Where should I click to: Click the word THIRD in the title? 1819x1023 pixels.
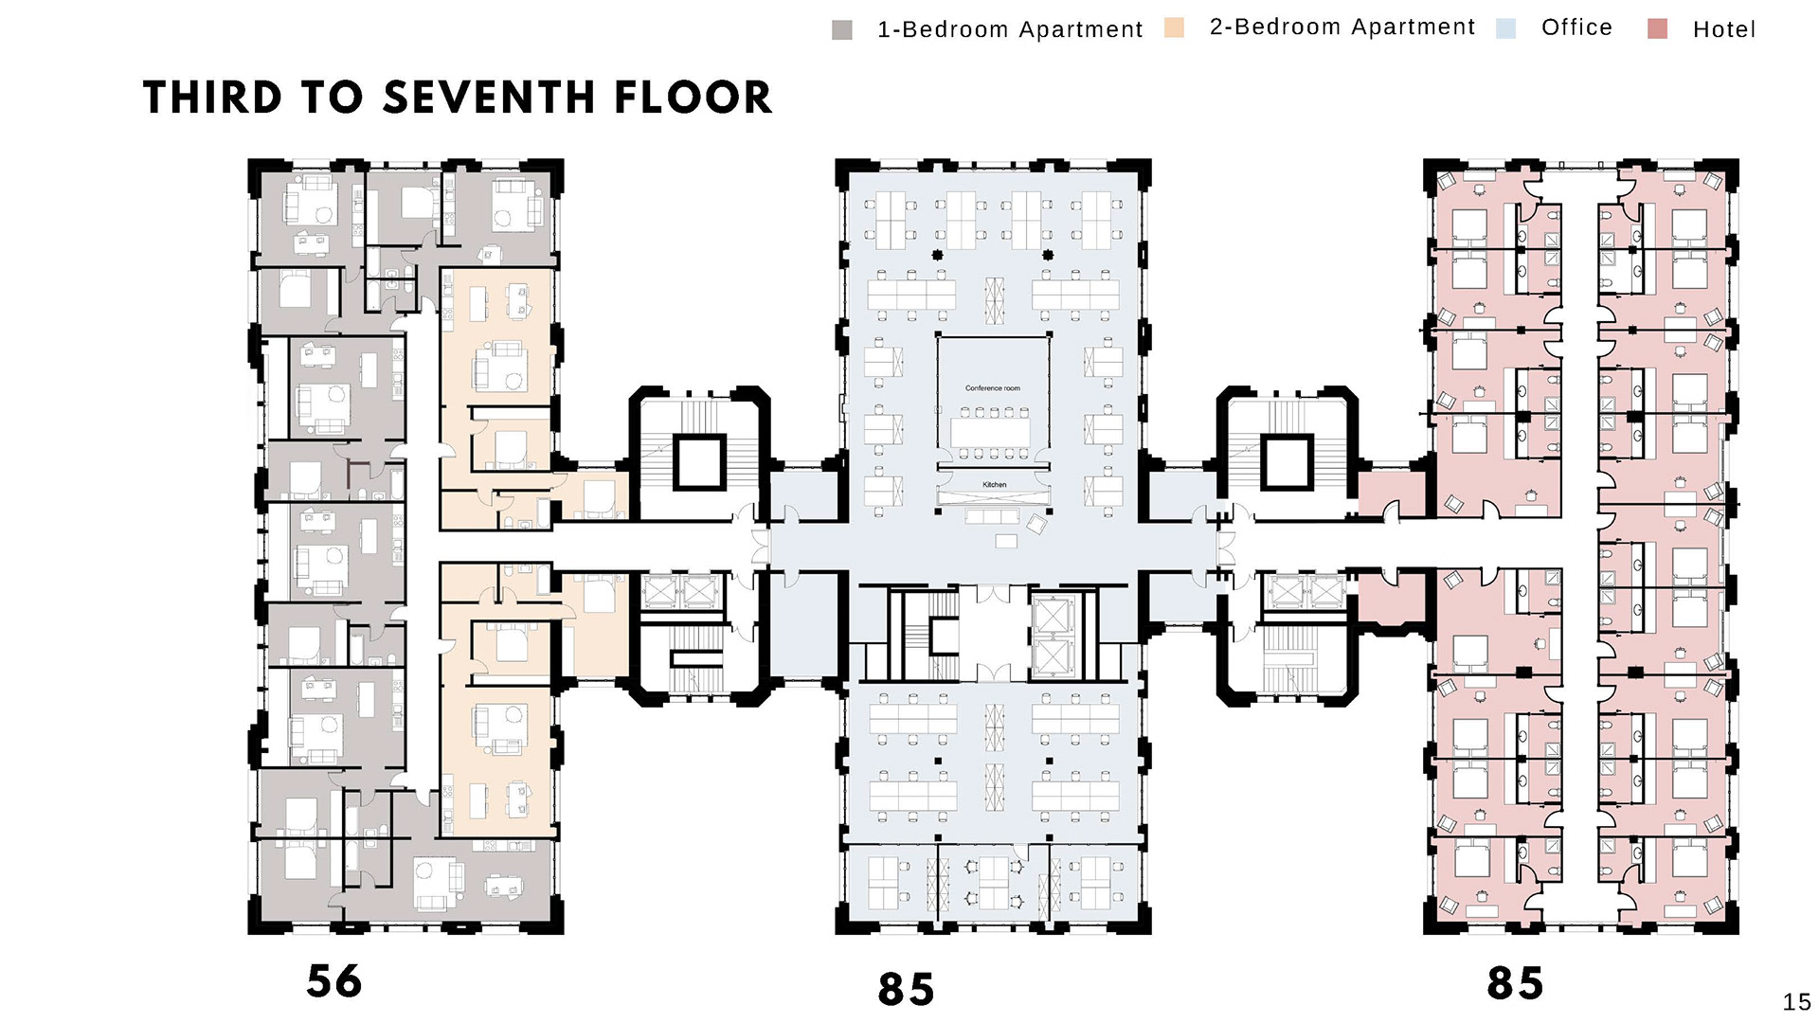pos(213,98)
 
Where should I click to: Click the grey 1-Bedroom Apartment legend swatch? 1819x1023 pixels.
pos(842,30)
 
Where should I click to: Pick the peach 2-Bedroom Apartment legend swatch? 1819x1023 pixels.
pos(1175,27)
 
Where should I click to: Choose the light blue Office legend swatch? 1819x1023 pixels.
pos(1506,27)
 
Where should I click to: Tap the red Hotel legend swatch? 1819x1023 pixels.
pos(1658,28)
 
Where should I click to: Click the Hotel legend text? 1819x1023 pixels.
pos(1724,29)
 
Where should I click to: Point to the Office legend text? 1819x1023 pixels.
pos(1576,27)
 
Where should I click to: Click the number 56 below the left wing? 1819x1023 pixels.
pos(334,981)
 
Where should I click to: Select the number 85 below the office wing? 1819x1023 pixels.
pos(906,990)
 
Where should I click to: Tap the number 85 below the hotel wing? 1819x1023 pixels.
pos(1515,983)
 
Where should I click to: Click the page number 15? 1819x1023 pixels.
pos(1796,1002)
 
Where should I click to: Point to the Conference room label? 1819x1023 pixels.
pos(993,388)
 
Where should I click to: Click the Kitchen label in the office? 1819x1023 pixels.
pos(995,485)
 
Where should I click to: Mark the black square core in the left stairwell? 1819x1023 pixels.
pos(700,462)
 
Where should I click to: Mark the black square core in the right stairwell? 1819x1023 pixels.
pos(1287,462)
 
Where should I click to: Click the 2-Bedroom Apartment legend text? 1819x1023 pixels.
pos(1342,27)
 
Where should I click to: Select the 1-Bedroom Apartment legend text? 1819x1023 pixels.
pos(1011,30)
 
